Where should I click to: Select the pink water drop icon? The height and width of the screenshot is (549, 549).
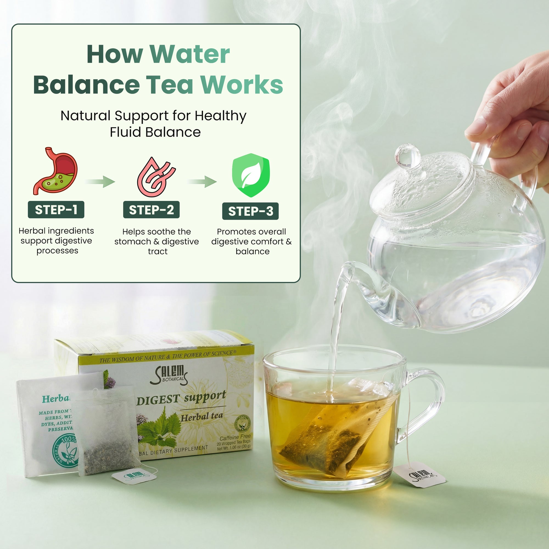click(156, 177)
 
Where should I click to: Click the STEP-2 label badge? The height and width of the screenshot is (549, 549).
click(151, 210)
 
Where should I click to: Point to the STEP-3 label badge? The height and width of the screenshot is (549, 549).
click(250, 211)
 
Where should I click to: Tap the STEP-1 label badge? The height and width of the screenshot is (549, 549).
click(56, 210)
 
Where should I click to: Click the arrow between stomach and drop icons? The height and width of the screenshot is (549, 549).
click(100, 181)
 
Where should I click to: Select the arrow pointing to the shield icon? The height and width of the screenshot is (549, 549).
click(202, 181)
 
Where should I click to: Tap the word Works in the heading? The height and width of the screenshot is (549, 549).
click(242, 85)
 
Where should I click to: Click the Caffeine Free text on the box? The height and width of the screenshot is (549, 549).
click(235, 437)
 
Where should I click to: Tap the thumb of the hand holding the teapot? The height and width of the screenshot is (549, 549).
click(480, 127)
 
